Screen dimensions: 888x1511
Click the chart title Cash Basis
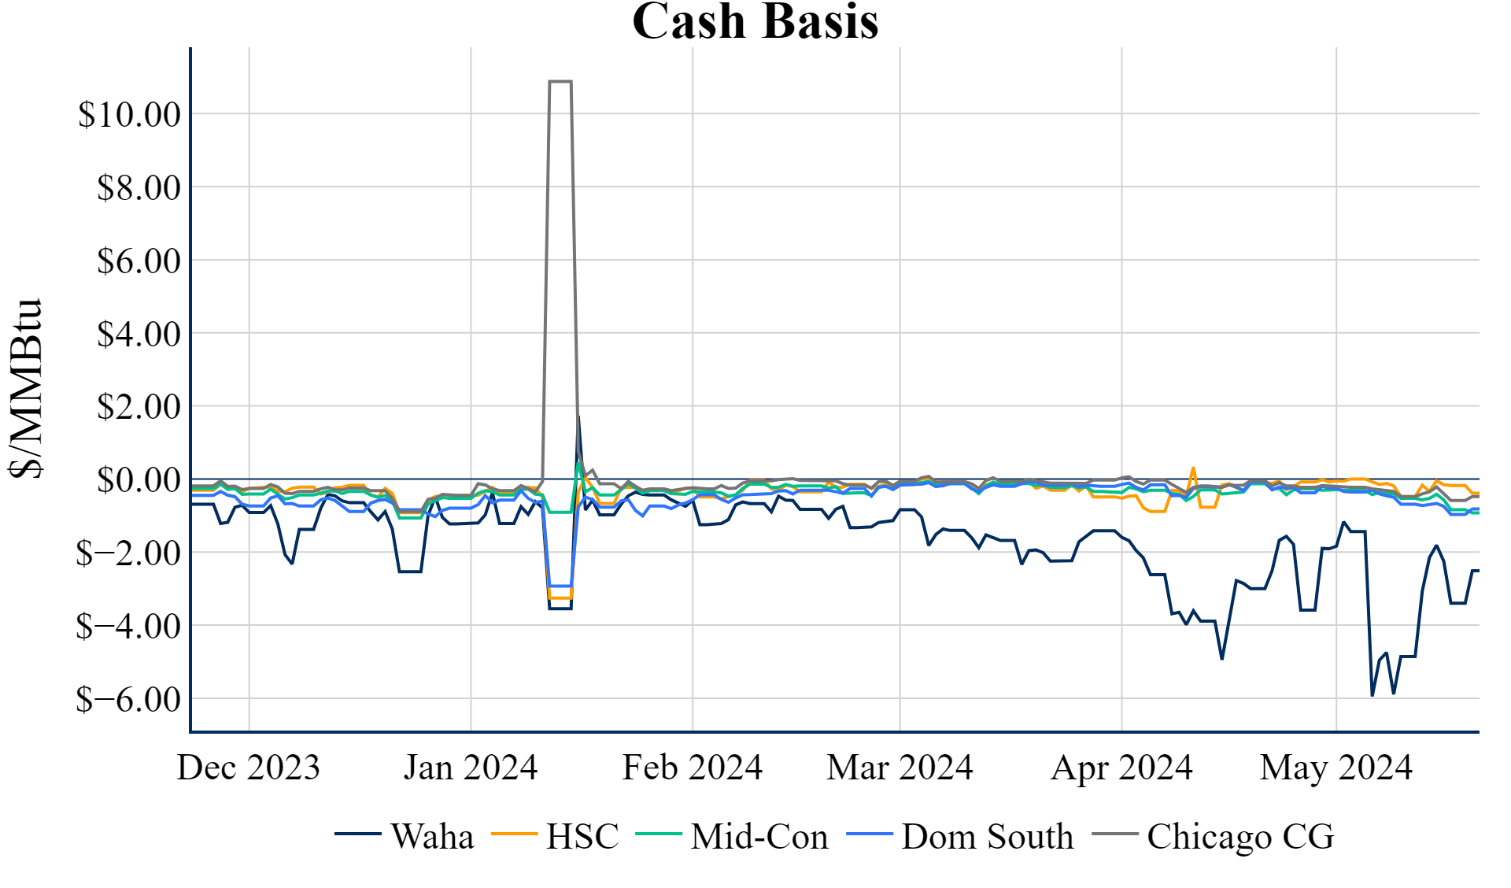pyautogui.click(x=755, y=21)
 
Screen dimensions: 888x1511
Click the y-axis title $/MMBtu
pyautogui.click(x=26, y=388)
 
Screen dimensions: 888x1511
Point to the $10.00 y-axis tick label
pyautogui.click(x=130, y=115)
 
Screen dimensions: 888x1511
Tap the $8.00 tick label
pyautogui.click(x=139, y=188)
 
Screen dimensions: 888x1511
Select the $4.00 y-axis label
pyautogui.click(x=139, y=335)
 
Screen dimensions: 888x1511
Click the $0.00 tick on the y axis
pyautogui.click(x=139, y=480)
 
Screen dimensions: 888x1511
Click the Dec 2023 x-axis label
pyautogui.click(x=249, y=768)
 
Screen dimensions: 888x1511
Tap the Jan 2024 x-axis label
pyautogui.click(x=471, y=768)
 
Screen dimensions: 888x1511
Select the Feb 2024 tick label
pyautogui.click(x=693, y=768)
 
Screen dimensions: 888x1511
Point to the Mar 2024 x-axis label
pyautogui.click(x=900, y=768)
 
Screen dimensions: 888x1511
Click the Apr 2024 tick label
pyautogui.click(x=1121, y=768)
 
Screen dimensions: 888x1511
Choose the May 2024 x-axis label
pyautogui.click(x=1336, y=768)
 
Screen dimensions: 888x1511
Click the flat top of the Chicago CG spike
pyautogui.click(x=560, y=81)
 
